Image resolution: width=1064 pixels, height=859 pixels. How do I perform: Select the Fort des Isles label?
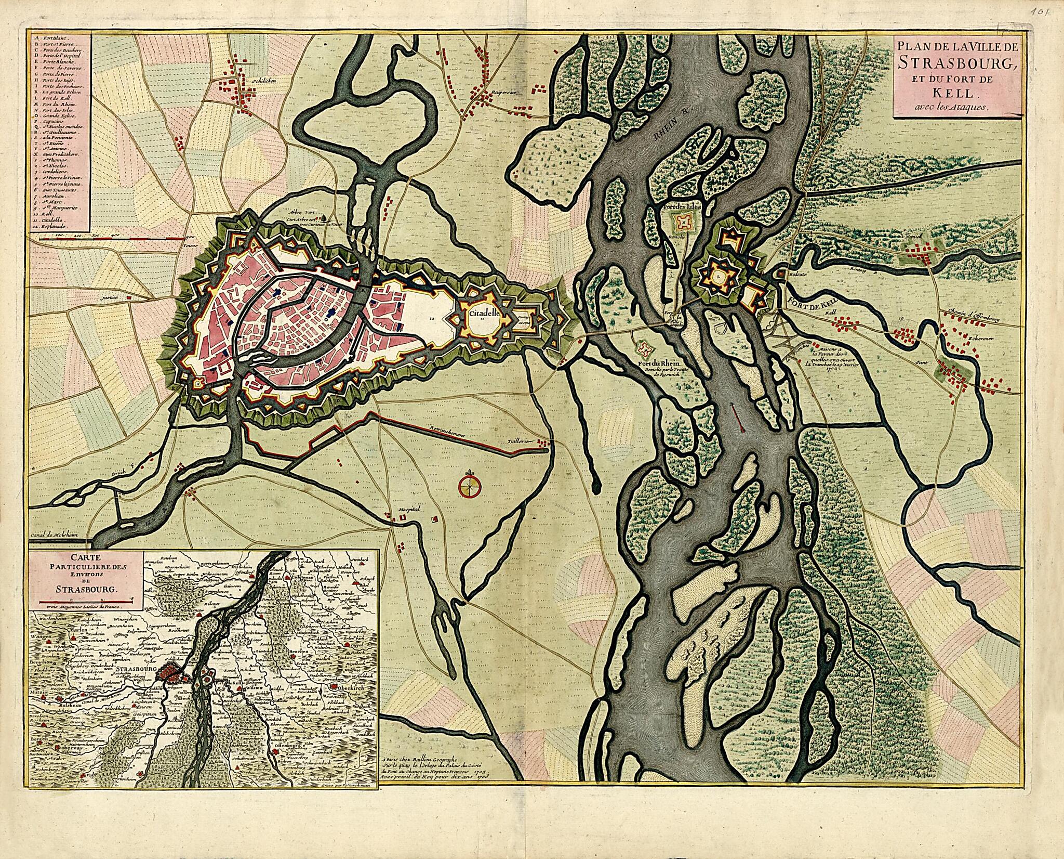[x=684, y=206]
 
